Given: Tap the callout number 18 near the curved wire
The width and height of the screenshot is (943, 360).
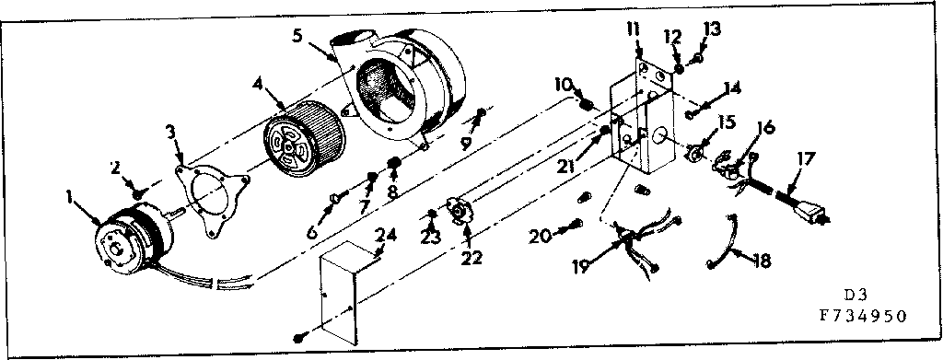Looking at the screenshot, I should tap(762, 261).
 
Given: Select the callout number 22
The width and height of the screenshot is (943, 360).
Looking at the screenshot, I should tap(471, 257).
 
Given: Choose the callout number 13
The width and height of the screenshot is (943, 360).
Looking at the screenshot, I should tap(711, 29).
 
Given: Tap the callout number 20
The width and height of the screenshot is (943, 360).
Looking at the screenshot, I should tap(541, 236).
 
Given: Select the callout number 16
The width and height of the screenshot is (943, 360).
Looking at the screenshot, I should tap(766, 127).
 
